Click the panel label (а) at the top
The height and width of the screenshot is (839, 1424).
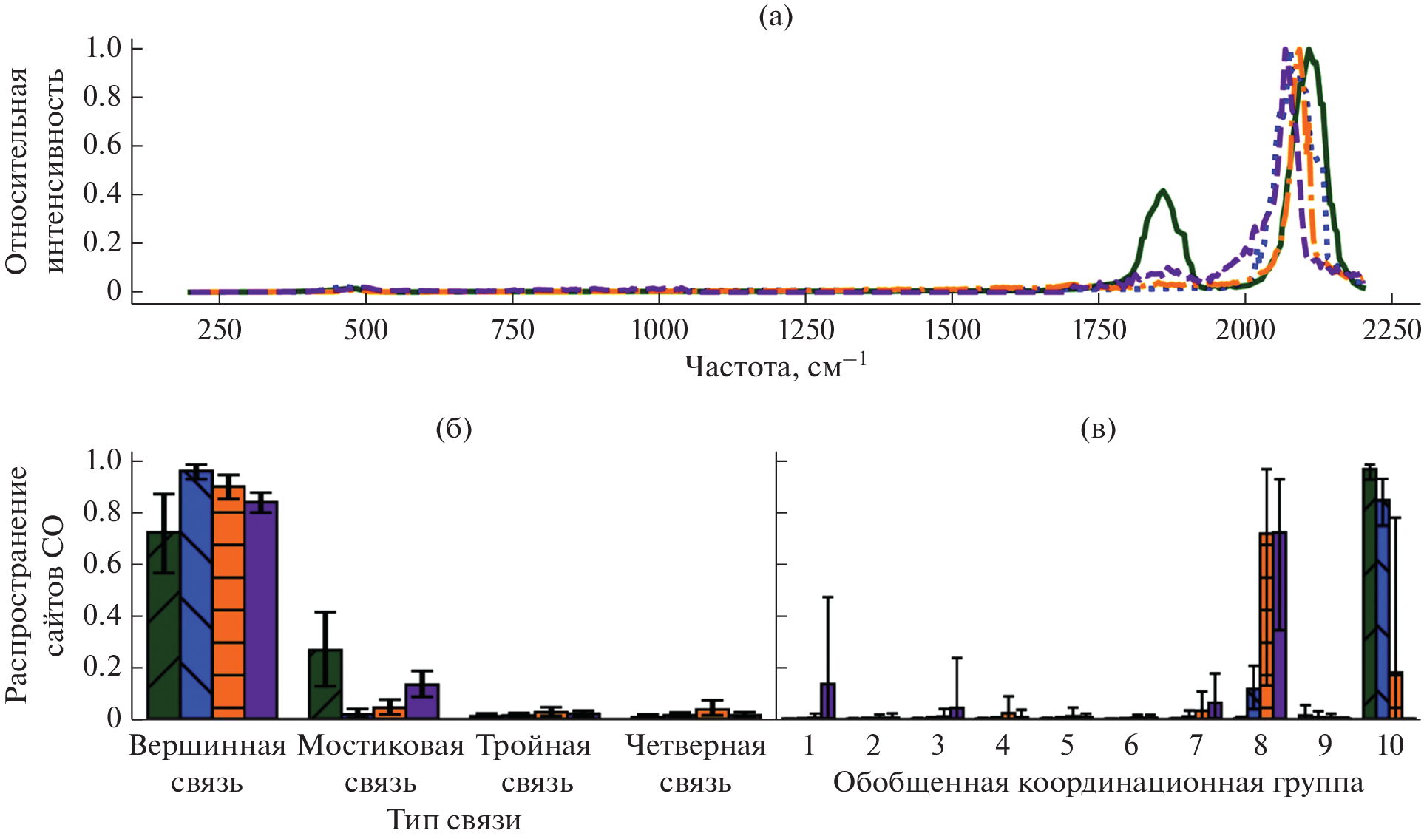[x=776, y=16]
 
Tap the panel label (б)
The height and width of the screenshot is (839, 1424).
[x=454, y=428]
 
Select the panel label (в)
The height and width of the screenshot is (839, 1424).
[x=1098, y=428]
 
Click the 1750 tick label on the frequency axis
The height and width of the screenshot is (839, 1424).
[x=1099, y=330]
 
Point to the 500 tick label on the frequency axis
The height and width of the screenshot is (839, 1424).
[x=365, y=330]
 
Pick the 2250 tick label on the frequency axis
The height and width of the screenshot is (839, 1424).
[x=1391, y=330]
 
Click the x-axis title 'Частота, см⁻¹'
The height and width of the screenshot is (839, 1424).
[x=776, y=365]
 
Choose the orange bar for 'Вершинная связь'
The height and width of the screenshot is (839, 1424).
[x=228, y=602]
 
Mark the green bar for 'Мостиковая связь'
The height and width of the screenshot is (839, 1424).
[x=325, y=684]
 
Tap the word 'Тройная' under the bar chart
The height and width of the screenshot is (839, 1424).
[x=534, y=746]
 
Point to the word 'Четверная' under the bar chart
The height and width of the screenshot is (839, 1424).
[x=696, y=746]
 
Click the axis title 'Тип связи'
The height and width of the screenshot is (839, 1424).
[x=454, y=820]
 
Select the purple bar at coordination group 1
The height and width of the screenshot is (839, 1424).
[x=828, y=701]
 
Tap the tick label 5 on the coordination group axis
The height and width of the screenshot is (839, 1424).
[x=1067, y=745]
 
